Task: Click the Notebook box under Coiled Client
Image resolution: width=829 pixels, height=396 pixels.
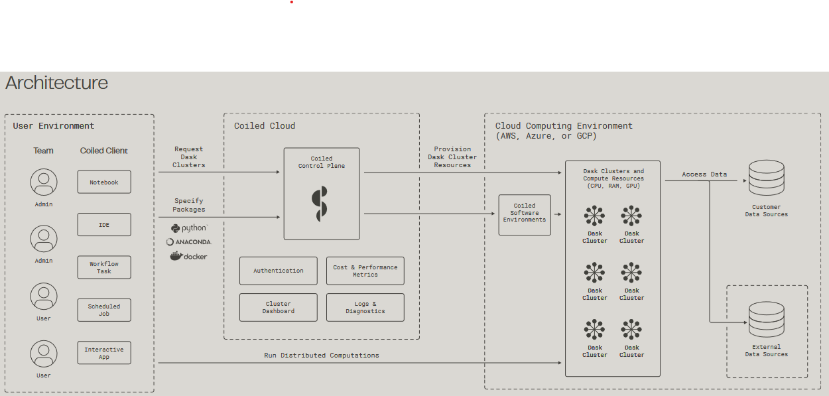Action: pyautogui.click(x=104, y=182)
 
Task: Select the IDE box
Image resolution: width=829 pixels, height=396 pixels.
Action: pyautogui.click(x=104, y=225)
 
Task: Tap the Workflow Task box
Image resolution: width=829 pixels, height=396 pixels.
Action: pyautogui.click(x=104, y=267)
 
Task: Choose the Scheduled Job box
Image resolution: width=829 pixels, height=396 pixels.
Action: pyautogui.click(x=104, y=310)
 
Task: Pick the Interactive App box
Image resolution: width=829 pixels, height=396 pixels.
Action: pyautogui.click(x=104, y=353)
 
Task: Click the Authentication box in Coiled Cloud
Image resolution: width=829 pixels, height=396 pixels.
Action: pyautogui.click(x=279, y=271)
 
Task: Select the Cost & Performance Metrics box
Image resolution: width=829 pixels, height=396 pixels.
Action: pyautogui.click(x=365, y=271)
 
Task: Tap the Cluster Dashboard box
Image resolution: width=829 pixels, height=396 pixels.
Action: pyautogui.click(x=279, y=307)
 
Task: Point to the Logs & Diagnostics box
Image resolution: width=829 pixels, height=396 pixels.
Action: pyautogui.click(x=365, y=307)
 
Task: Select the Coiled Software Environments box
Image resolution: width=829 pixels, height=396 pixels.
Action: pyautogui.click(x=525, y=215)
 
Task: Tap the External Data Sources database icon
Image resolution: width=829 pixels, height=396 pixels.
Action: pyautogui.click(x=766, y=320)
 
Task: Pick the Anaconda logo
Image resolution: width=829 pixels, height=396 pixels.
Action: pyautogui.click(x=189, y=242)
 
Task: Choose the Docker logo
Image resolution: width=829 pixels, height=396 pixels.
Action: pyautogui.click(x=189, y=256)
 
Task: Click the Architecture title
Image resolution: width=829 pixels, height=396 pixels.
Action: pyautogui.click(x=57, y=83)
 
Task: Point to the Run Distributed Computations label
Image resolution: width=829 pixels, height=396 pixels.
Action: pyautogui.click(x=322, y=356)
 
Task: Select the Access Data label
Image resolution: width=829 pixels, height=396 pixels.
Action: pyautogui.click(x=704, y=174)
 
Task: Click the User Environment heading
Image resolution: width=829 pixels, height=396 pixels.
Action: pyautogui.click(x=54, y=126)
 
